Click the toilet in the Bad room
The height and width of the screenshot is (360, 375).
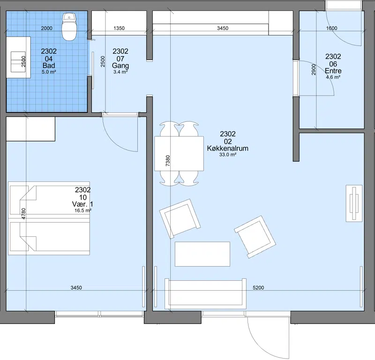click(69, 26)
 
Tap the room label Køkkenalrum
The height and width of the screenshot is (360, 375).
click(228, 148)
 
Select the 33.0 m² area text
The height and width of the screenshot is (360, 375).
click(228, 155)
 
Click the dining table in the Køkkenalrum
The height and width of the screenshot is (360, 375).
click(179, 154)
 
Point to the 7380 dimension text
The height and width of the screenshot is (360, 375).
click(168, 161)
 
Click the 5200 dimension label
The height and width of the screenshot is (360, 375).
click(258, 287)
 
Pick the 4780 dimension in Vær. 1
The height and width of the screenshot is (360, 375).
click(23, 214)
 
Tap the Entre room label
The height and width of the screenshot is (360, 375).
click(333, 71)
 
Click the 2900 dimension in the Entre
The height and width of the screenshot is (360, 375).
click(314, 69)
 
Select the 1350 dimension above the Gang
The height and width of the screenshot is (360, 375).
click(119, 28)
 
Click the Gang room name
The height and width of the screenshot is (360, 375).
click(120, 66)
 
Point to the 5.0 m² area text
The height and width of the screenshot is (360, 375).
click(49, 72)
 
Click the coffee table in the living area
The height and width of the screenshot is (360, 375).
click(202, 254)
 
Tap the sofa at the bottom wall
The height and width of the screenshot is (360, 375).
click(205, 294)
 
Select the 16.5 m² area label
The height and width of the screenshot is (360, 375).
click(83, 210)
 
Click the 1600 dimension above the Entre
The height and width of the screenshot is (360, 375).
click(332, 28)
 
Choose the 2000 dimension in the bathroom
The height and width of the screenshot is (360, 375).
click(46, 28)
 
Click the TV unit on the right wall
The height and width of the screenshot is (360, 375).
click(354, 203)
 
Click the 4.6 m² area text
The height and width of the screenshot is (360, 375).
click(333, 77)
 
